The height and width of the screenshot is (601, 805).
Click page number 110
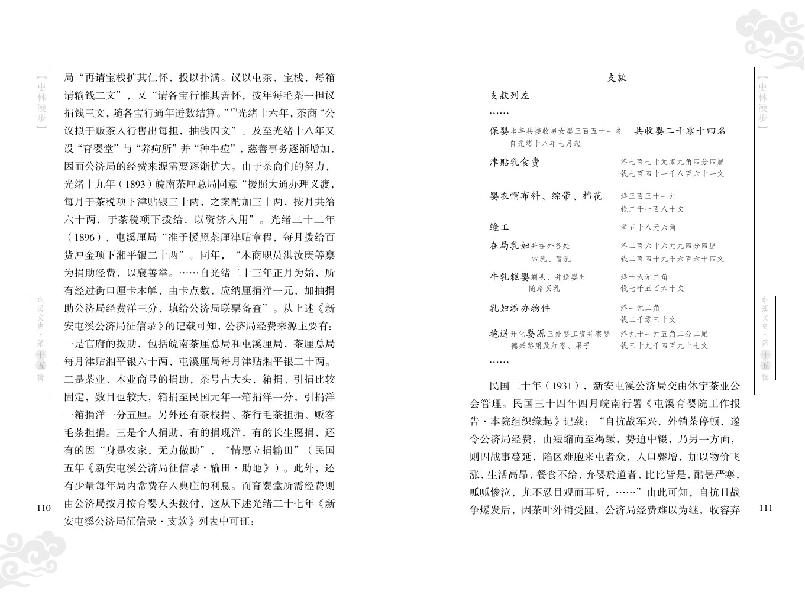pyautogui.click(x=44, y=508)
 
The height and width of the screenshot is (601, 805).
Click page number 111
pyautogui.click(x=765, y=508)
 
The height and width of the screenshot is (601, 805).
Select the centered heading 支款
pyautogui.click(x=617, y=77)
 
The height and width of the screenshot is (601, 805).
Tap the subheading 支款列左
pyautogui.click(x=510, y=95)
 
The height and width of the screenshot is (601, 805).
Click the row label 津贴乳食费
pyautogui.click(x=515, y=162)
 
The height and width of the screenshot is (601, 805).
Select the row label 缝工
pyautogui.click(x=499, y=227)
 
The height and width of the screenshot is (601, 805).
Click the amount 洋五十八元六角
pyautogui.click(x=648, y=228)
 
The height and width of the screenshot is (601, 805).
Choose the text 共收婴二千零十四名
pyautogui.click(x=680, y=131)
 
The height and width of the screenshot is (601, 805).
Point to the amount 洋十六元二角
pyautogui.click(x=644, y=277)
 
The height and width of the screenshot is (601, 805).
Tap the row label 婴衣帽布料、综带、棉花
pyautogui.click(x=546, y=196)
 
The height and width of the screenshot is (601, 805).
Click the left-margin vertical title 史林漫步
pyautogui.click(x=40, y=102)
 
